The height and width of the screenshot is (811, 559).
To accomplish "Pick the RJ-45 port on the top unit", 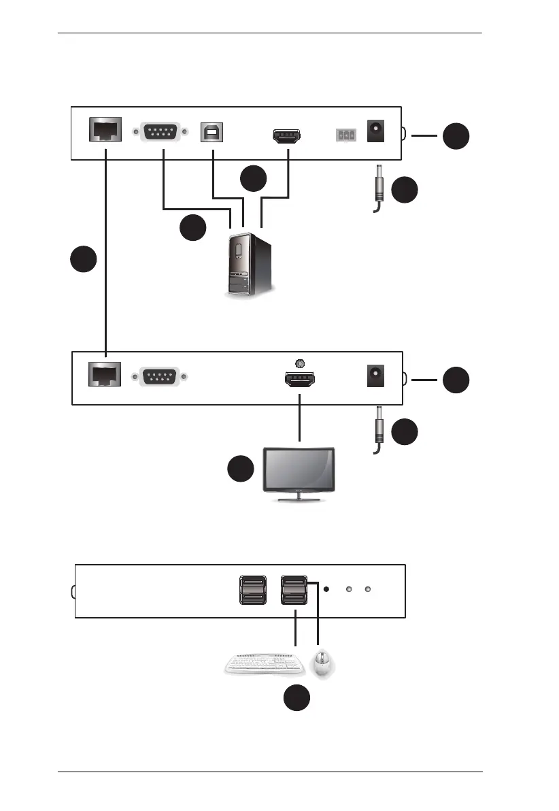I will tap(105, 130).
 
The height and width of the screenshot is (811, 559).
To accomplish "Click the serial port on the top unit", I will tap(162, 131).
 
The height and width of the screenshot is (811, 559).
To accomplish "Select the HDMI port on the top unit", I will tap(287, 136).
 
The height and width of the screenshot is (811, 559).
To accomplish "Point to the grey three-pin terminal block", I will tap(346, 135).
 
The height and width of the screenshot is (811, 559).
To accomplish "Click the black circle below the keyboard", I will tap(297, 699).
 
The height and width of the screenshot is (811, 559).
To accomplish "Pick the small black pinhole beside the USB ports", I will tap(328, 589).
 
